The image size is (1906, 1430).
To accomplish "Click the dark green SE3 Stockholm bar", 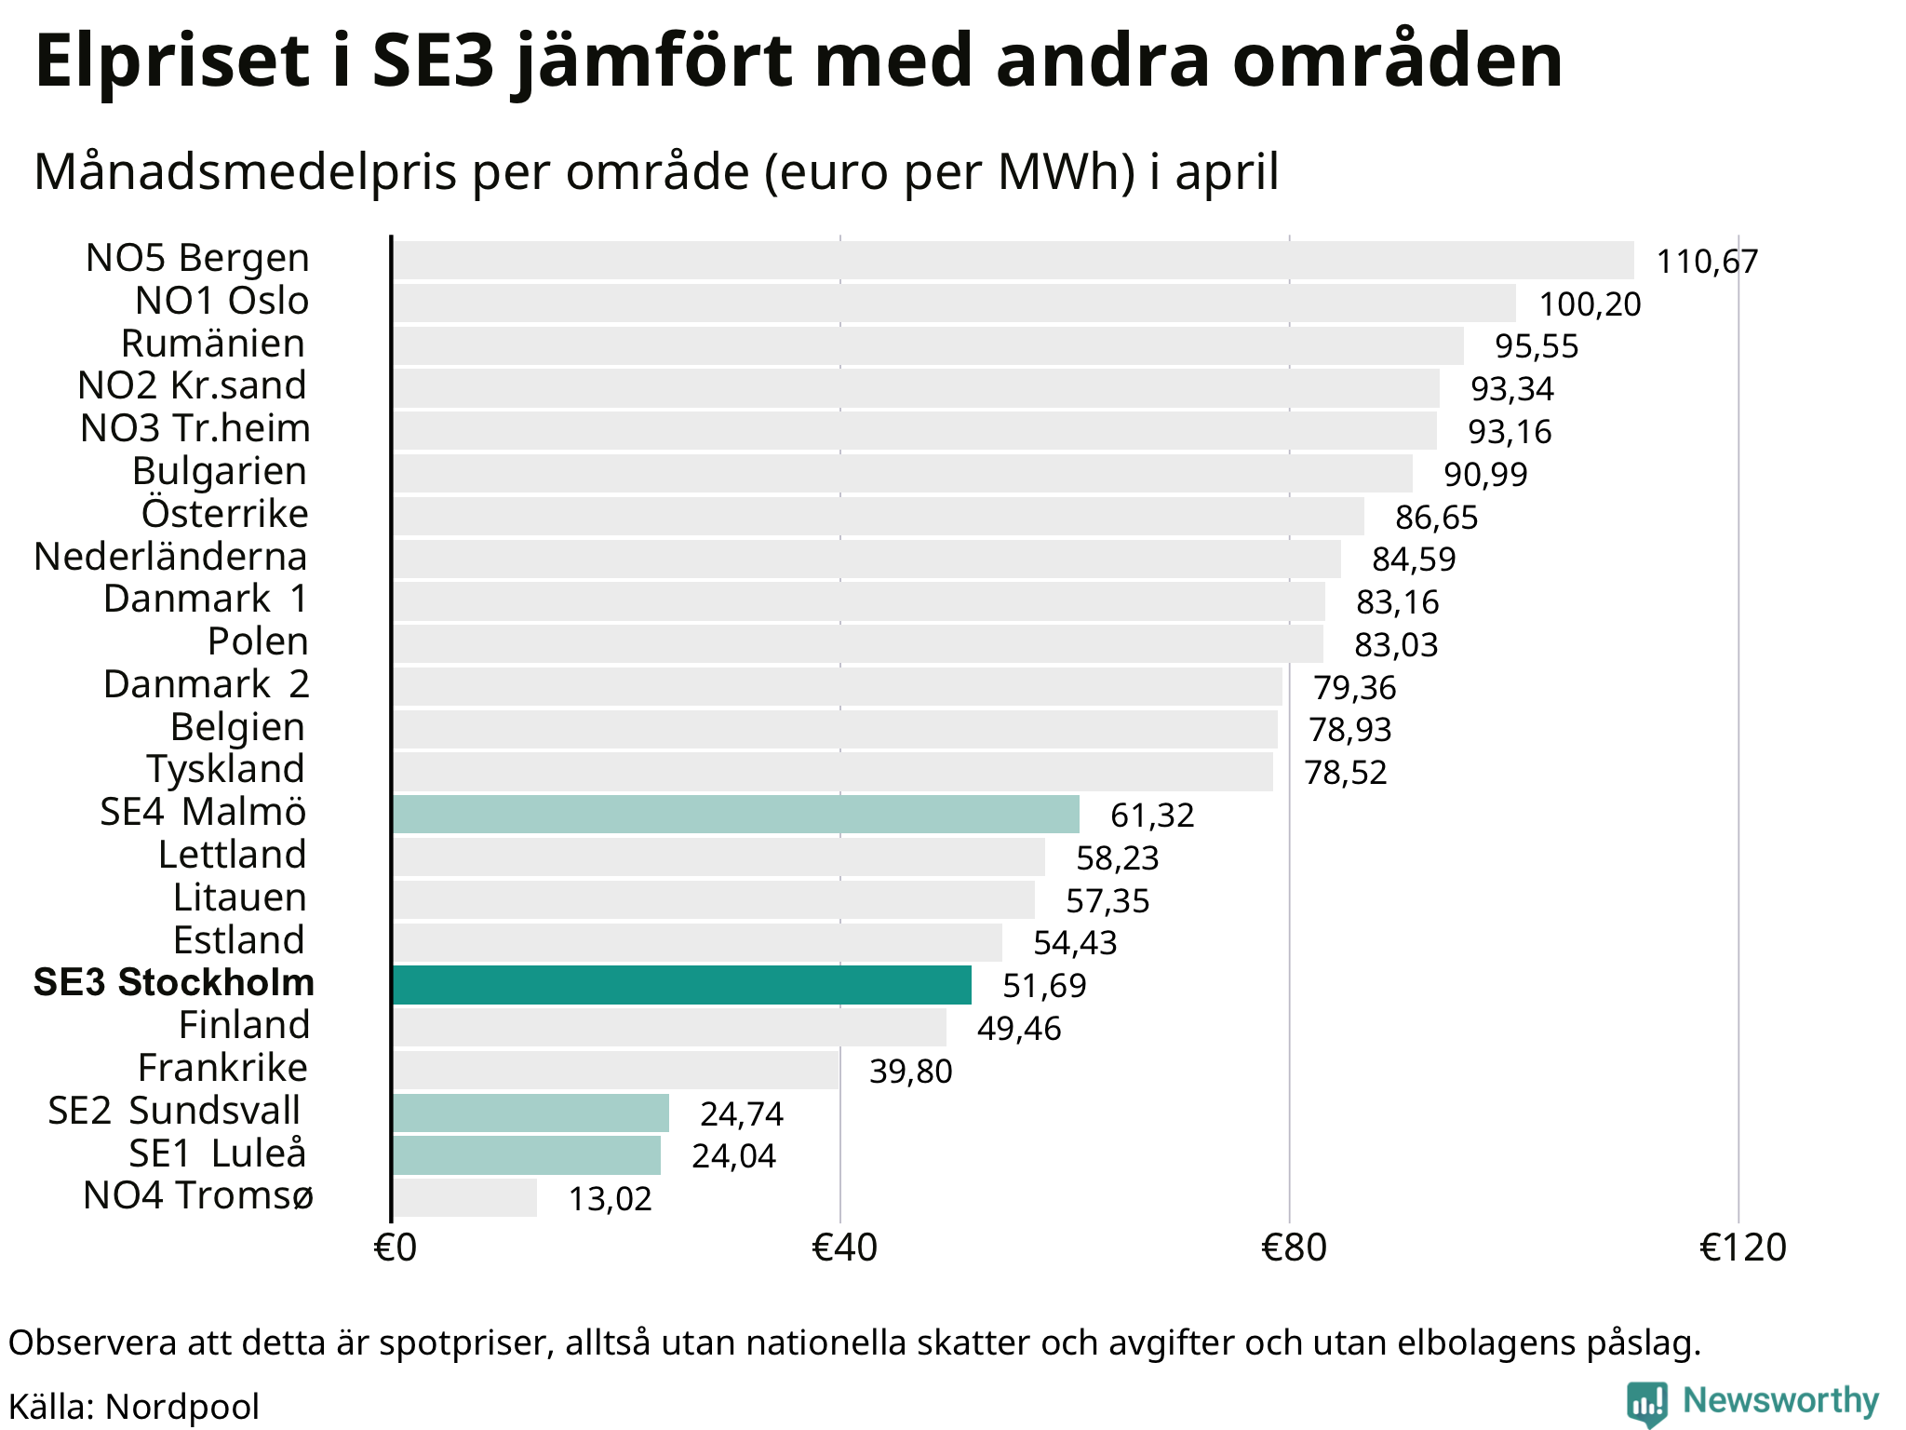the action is click(x=682, y=985).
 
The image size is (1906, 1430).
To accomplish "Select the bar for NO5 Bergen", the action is click(x=1013, y=260).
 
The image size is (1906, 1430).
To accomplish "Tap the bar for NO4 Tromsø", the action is click(x=465, y=1197).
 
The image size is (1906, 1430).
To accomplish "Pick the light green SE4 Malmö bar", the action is click(x=736, y=815).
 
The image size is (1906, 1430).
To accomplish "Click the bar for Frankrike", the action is click(x=616, y=1070).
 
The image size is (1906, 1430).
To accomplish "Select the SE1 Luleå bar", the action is click(x=527, y=1155).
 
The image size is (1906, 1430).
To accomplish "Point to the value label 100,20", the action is click(x=1590, y=304).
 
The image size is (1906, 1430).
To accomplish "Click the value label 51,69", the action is click(x=1044, y=986).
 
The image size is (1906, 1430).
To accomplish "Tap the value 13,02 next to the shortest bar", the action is click(x=611, y=1199).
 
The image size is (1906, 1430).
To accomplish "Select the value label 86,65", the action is click(x=1437, y=518).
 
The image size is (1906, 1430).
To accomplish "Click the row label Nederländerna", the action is click(x=170, y=557).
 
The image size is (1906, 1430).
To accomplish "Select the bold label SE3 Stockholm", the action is click(x=174, y=983).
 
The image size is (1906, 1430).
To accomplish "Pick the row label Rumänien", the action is click(x=213, y=344).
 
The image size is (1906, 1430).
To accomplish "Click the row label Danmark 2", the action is click(x=206, y=684).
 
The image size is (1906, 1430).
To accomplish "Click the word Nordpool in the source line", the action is click(x=182, y=1407).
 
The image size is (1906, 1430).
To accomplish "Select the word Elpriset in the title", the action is click(x=172, y=62).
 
